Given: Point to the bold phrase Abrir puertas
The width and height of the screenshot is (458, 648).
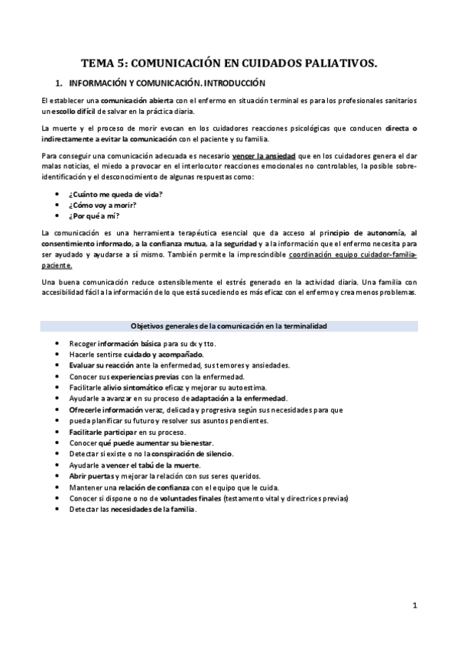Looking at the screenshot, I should point(93,476).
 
